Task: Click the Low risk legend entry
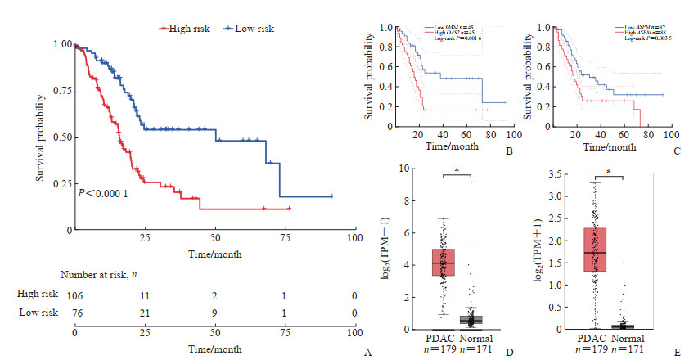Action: (254, 29)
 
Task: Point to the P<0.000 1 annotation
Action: (104, 193)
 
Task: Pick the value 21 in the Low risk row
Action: (145, 312)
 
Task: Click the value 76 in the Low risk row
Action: (74, 312)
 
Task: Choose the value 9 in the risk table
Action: (215, 312)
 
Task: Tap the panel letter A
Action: (367, 353)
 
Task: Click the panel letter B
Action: (509, 151)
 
